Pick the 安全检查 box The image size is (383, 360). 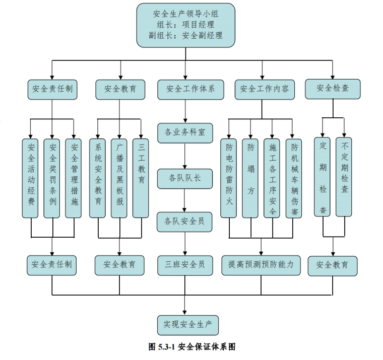333,89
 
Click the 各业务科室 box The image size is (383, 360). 185,133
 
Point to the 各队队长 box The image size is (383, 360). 185,177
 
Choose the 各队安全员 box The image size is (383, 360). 185,221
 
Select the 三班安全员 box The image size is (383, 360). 185,264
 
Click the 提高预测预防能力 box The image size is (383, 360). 261,264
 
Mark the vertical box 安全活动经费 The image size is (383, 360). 31,177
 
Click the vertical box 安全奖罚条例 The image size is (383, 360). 52,177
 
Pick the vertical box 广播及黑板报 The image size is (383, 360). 119,177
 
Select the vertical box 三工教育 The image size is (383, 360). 142,177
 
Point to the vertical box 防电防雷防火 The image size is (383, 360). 229,177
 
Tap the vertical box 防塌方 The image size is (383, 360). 250,177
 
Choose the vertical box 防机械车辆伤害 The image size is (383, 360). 294,177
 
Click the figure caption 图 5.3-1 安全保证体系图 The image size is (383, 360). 192,346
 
